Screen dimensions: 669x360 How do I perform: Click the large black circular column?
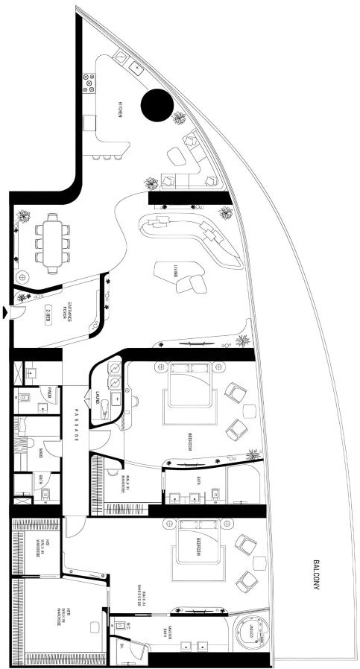click(157, 105)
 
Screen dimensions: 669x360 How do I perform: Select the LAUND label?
click(98, 399)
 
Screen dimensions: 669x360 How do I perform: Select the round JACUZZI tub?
click(250, 632)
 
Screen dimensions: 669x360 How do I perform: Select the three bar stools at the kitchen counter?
click(107, 157)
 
